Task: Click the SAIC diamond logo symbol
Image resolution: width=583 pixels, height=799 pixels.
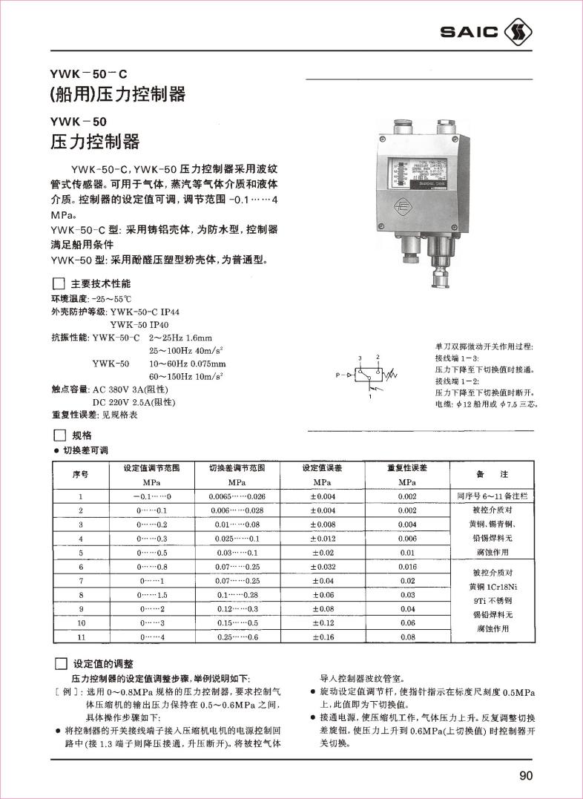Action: tap(518, 32)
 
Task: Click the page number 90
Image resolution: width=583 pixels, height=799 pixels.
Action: tap(526, 776)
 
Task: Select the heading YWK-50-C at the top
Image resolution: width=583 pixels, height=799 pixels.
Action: tap(88, 74)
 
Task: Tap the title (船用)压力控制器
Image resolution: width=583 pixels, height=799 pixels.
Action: tap(117, 95)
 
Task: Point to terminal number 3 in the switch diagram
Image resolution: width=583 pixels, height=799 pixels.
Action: tap(359, 358)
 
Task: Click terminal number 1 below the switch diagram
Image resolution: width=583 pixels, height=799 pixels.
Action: tap(369, 398)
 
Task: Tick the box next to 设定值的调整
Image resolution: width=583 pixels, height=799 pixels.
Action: tap(61, 663)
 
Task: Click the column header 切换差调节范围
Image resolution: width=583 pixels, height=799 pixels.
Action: tap(237, 468)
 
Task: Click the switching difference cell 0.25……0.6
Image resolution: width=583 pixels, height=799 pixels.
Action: tap(237, 637)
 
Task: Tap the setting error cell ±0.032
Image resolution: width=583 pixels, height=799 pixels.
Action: tap(323, 567)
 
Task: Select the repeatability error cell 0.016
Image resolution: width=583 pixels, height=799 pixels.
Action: tap(407, 567)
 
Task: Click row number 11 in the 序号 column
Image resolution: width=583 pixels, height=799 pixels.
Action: tap(82, 637)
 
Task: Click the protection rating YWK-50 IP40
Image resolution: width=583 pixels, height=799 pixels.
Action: tap(139, 324)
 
